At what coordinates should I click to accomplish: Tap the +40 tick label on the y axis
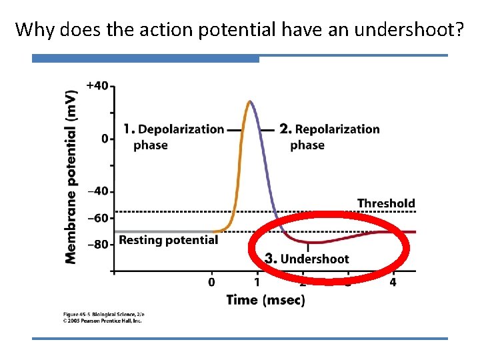[x=97, y=85]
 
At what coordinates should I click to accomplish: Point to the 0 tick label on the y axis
[x=104, y=139]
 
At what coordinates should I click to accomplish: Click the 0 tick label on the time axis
[x=212, y=283]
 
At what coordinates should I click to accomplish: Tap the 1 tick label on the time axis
[x=257, y=283]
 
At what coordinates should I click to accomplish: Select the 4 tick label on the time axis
[x=393, y=283]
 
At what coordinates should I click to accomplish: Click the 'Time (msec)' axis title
[x=265, y=300]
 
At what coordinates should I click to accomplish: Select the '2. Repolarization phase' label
[x=329, y=137]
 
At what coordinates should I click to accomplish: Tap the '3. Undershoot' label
[x=307, y=259]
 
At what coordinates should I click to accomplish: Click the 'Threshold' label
[x=386, y=203]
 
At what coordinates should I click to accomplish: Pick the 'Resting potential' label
[x=168, y=240]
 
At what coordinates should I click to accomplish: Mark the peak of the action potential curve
[x=249, y=101]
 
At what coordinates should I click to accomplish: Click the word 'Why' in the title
[x=33, y=29]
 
